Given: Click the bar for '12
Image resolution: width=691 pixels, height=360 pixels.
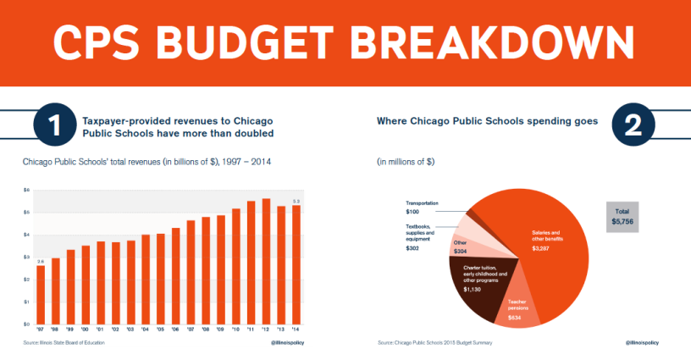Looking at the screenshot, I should coord(266,262).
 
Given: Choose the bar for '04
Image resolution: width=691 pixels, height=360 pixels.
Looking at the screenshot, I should coord(146,280).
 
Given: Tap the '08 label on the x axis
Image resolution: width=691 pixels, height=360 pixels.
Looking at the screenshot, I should coord(206,330).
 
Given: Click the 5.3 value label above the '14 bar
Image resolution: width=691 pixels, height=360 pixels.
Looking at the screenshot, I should coord(296,201).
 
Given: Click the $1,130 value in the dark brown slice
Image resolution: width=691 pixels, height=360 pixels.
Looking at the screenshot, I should coord(473,289).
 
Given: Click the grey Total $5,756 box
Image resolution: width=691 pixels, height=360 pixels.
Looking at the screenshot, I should coord(627,215).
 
